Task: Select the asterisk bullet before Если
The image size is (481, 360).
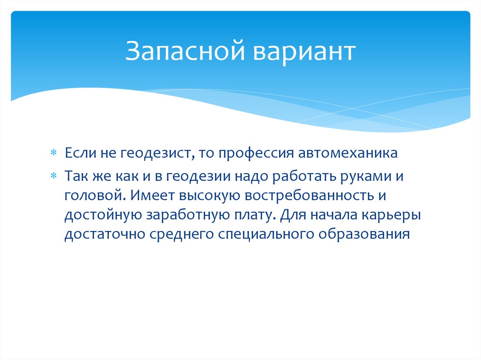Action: [54, 153]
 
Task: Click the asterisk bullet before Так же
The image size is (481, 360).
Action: [54, 175]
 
